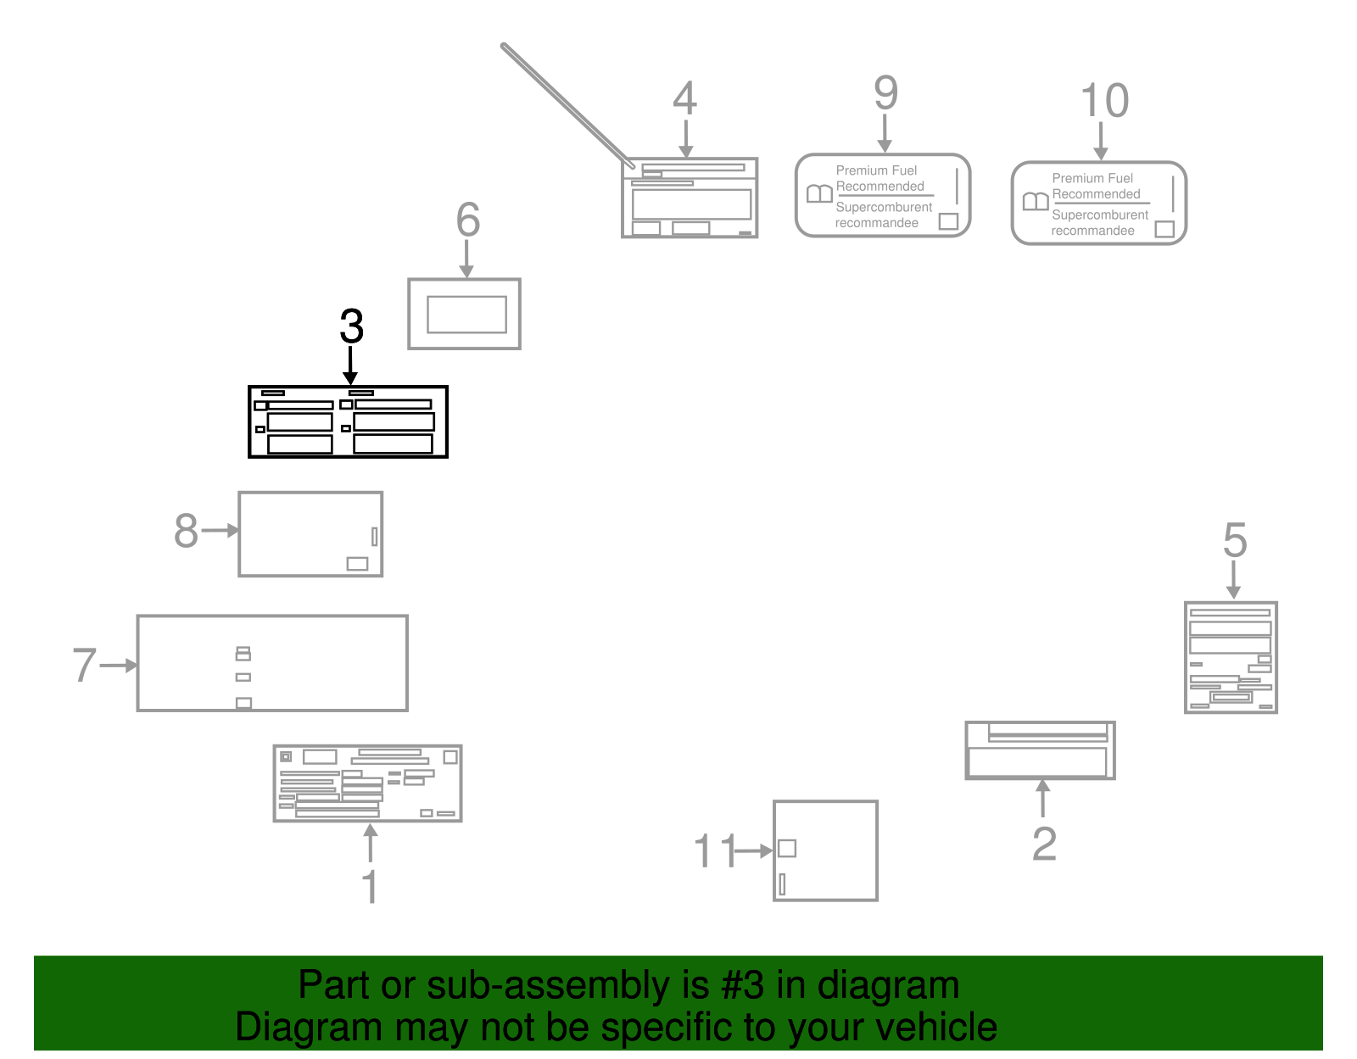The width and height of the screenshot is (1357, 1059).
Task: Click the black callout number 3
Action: tap(351, 326)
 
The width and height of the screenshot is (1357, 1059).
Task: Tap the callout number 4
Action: tap(684, 98)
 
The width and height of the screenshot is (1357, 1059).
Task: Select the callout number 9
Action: tap(885, 92)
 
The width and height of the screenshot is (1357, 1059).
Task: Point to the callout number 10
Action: tap(1104, 101)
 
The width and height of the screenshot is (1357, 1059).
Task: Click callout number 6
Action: tap(467, 220)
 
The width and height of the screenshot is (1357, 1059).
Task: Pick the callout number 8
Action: tap(186, 531)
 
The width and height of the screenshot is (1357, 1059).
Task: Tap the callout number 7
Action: tap(84, 665)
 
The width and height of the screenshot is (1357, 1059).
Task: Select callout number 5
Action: tap(1235, 540)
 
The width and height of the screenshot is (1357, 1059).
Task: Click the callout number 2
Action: tap(1044, 844)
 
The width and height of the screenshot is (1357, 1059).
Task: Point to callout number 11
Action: tap(714, 850)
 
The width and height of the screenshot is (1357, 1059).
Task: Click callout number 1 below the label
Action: tap(370, 886)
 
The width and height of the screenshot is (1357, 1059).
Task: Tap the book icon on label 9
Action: tap(819, 194)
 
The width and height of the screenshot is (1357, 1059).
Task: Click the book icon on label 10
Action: tap(1036, 202)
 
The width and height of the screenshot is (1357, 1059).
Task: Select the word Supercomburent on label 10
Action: tap(1100, 215)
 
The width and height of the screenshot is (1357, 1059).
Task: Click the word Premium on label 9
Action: tap(857, 170)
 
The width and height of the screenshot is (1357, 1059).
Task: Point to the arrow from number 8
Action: tap(221, 531)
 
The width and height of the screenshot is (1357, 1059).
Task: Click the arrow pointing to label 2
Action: tap(1043, 797)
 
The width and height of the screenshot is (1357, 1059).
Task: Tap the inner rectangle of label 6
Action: tap(466, 315)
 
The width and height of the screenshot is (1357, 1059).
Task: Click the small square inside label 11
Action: tap(787, 848)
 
